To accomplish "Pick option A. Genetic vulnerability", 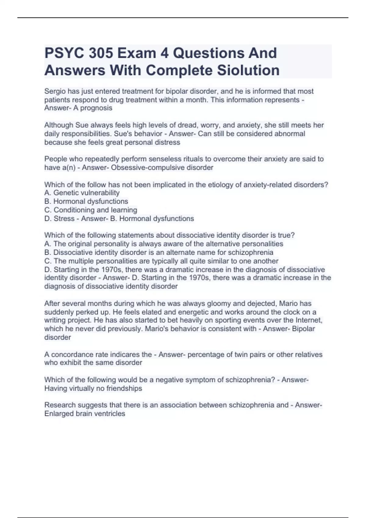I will [82, 193].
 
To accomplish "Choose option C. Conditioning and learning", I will [91, 210].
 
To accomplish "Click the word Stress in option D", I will [64, 218].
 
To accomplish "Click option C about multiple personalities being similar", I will [161, 261].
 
